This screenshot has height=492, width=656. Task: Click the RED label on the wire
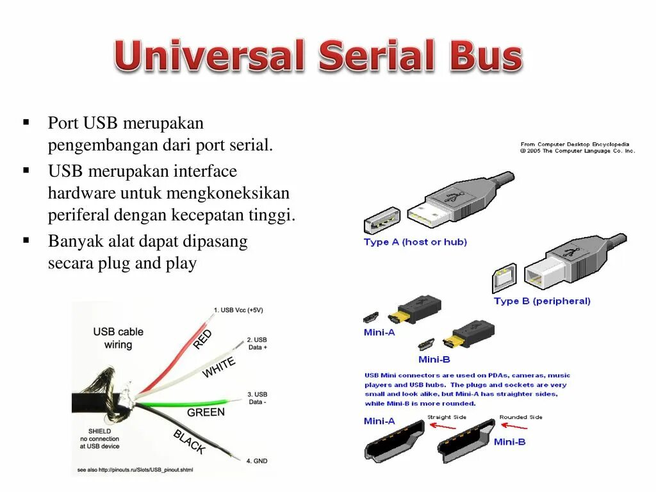click(202, 340)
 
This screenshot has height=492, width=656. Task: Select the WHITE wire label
click(218, 368)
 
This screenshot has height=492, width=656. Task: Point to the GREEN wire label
click(206, 412)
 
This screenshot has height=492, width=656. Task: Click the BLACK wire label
click(190, 442)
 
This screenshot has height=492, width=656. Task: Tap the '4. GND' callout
click(257, 461)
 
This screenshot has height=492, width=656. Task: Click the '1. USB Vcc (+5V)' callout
click(238, 310)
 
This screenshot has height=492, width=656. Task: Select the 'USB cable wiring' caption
click(118, 338)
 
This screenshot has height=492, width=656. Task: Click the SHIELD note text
click(100, 438)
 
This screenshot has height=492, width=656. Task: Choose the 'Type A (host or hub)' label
click(415, 242)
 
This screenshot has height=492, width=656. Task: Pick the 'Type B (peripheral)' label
click(542, 301)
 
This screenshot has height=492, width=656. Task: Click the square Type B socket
click(504, 277)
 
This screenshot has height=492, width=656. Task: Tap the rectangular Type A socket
click(382, 221)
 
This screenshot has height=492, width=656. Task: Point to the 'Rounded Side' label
click(521, 417)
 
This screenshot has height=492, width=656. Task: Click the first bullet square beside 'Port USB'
click(26, 122)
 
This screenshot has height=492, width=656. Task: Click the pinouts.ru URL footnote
click(135, 471)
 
